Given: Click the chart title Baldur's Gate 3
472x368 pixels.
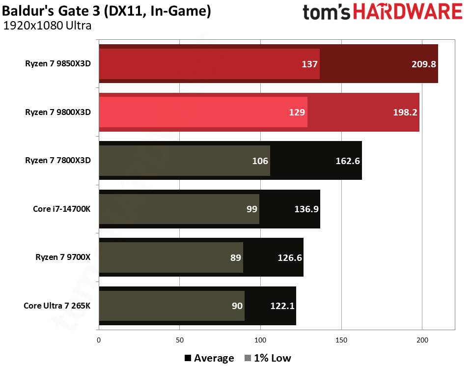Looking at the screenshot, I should [107, 11].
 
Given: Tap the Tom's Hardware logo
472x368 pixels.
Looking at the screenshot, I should [382, 13].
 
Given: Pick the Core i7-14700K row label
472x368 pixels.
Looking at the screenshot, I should [62, 209].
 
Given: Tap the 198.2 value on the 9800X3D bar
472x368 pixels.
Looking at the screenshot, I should [405, 112].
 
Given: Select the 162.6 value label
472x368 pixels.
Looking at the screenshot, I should [348, 161].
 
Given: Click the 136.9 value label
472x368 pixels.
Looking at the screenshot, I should [306, 209].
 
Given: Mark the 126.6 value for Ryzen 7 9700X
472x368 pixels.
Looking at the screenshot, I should [289, 257].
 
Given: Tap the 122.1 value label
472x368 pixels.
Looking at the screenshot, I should [282, 306].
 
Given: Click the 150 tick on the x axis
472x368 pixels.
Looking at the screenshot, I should [341, 340].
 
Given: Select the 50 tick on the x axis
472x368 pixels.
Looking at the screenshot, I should [180, 340].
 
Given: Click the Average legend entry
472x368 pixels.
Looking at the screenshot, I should [209, 358].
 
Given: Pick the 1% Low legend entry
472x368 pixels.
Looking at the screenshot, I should [267, 358].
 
